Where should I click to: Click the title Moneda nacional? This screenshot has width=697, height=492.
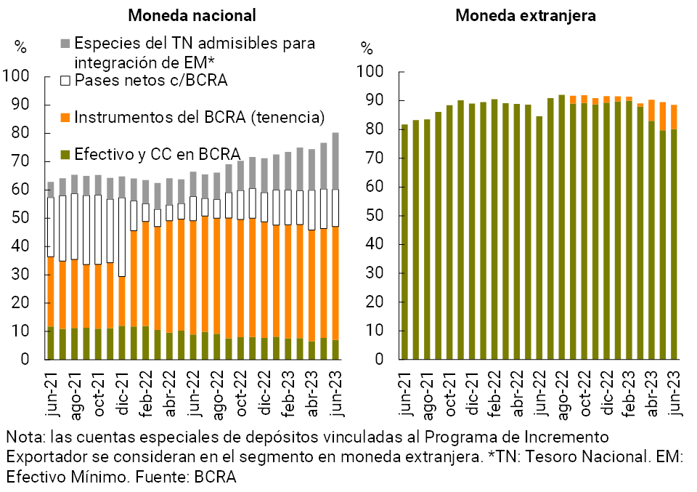[192, 15]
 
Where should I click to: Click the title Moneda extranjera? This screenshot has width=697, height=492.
[526, 15]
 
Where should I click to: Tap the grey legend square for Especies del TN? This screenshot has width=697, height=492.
[65, 43]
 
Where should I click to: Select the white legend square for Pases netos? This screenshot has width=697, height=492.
[65, 80]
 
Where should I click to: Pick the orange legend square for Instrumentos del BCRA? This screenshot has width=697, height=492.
[65, 117]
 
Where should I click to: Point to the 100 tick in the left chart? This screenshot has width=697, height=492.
[16, 76]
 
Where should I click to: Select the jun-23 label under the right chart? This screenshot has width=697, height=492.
[674, 397]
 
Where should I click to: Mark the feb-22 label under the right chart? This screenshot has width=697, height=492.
[494, 395]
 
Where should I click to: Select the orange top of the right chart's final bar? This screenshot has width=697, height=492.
[674, 117]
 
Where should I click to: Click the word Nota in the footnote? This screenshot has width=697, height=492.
[22, 438]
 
